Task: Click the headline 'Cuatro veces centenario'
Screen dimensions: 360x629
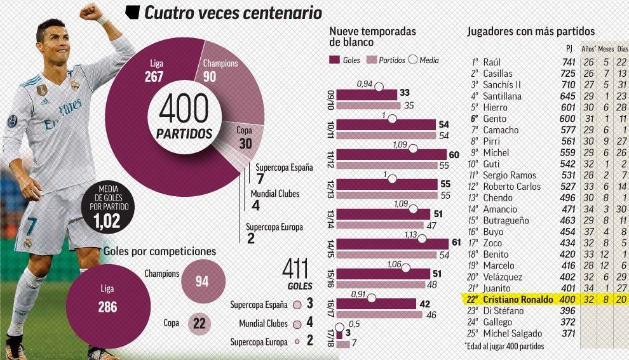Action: click(233, 13)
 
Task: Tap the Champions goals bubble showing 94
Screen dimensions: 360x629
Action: click(201, 281)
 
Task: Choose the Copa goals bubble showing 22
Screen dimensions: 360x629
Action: click(199, 323)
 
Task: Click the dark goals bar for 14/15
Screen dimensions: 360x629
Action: click(391, 243)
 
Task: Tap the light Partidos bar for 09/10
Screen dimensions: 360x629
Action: click(368, 105)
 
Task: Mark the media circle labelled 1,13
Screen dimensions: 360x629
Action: click(423, 237)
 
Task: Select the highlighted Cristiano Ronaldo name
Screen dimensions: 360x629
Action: click(517, 299)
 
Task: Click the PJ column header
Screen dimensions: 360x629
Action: click(569, 48)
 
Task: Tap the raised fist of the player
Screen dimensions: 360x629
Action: click(90, 13)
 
